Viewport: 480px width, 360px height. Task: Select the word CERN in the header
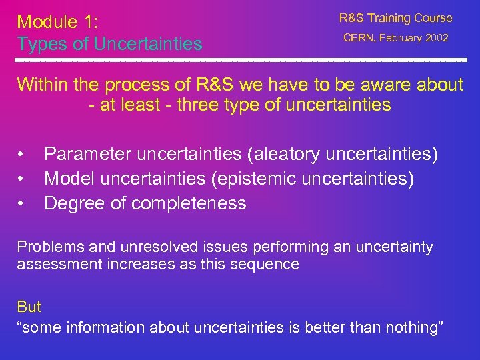[x=359, y=38]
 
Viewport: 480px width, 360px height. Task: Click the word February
[x=399, y=38]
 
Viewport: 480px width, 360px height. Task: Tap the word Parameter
[x=88, y=155]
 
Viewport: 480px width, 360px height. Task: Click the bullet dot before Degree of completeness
[x=21, y=203]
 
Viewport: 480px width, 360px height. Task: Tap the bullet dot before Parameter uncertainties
[x=21, y=155]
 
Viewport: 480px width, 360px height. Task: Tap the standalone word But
[x=29, y=307]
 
